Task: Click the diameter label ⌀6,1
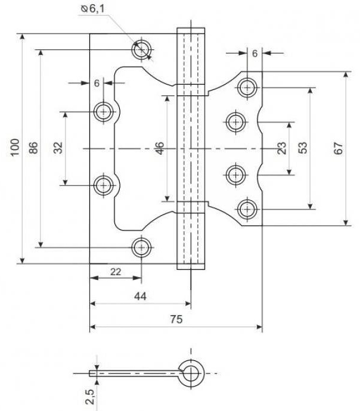click(93, 9)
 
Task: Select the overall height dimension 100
click(15, 147)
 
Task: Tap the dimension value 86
click(33, 148)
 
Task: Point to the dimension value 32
click(58, 148)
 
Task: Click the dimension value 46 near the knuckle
click(159, 148)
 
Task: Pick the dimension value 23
click(281, 148)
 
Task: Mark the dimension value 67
click(339, 148)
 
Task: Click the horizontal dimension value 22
click(116, 272)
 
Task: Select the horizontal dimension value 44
click(140, 296)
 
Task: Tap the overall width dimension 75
click(176, 319)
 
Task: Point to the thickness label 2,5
click(89, 397)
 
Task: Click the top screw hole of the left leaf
click(142, 49)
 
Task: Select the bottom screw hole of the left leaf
click(142, 247)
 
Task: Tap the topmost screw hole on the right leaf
click(247, 88)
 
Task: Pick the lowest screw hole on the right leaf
click(247, 210)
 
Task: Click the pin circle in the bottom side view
click(193, 373)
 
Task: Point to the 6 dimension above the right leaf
click(255, 54)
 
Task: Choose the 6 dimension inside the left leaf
click(97, 83)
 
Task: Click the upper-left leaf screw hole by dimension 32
click(104, 112)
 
